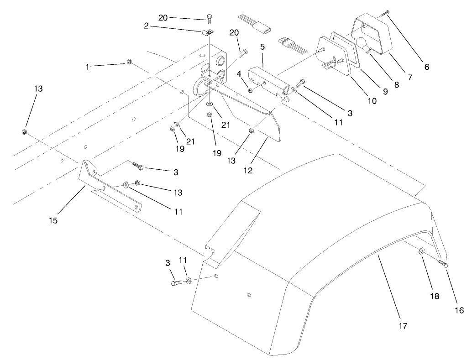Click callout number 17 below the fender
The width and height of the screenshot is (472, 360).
[403, 326]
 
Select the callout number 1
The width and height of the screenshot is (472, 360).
[87, 67]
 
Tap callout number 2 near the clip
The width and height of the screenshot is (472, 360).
[146, 26]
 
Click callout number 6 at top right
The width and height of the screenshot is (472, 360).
[426, 67]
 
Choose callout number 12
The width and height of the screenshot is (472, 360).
[248, 171]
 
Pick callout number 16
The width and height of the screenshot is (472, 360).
[459, 310]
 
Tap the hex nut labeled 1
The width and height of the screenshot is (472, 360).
[129, 62]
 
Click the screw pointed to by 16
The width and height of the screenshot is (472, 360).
[443, 263]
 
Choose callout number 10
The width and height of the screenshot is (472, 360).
[372, 101]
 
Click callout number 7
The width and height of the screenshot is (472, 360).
[409, 78]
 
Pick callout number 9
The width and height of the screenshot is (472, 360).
[384, 91]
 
